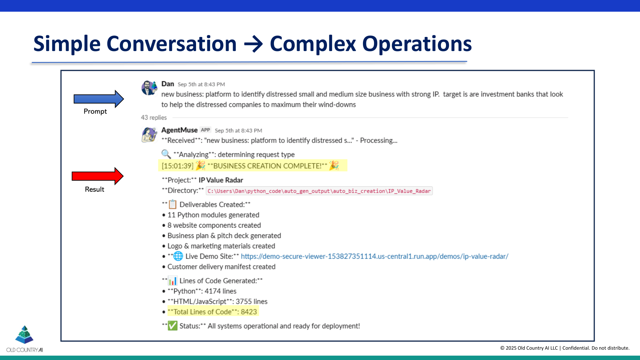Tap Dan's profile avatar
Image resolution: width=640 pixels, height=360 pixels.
149,88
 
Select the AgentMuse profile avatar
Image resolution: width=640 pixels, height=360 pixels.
149,135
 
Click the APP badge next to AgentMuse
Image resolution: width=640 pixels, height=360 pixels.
205,130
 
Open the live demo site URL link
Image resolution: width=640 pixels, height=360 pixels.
374,256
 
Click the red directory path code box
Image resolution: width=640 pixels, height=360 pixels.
319,191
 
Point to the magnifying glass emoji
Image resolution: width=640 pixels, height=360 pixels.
166,154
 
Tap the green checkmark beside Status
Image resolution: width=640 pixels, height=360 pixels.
172,326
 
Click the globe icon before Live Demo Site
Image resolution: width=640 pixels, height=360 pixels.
178,256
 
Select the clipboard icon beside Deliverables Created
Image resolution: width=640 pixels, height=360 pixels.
172,204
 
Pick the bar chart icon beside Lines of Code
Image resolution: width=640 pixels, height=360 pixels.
172,281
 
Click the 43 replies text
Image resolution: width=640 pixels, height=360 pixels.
154,118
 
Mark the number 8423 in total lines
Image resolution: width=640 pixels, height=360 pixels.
249,312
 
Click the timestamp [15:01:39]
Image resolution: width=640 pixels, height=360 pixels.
177,166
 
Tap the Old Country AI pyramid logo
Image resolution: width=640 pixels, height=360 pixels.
24,335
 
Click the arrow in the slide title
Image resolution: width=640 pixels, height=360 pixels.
253,44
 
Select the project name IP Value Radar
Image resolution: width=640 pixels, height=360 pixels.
221,180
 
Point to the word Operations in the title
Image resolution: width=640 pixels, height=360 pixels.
417,44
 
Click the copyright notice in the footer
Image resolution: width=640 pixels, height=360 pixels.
565,348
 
